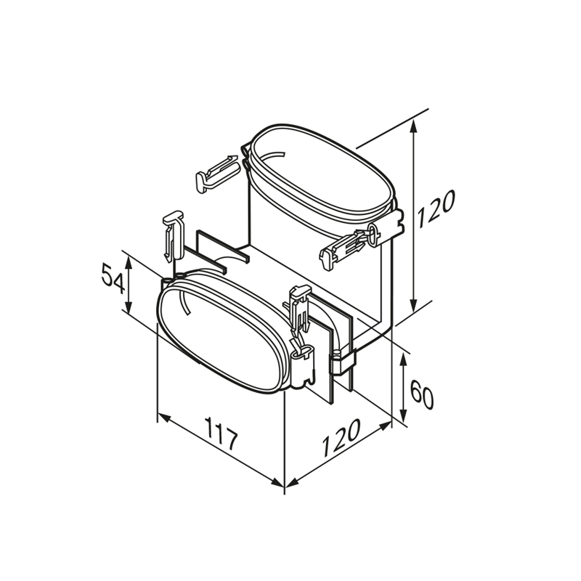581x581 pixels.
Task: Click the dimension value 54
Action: tap(112, 279)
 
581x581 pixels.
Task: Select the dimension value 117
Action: tap(222, 433)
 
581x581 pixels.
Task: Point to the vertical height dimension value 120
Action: tap(435, 210)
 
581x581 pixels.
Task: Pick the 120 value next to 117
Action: tap(341, 438)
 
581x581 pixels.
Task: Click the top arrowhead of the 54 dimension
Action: tap(129, 262)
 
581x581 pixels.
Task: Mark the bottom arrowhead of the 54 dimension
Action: tap(129, 307)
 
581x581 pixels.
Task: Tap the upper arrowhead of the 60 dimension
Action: tap(404, 359)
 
